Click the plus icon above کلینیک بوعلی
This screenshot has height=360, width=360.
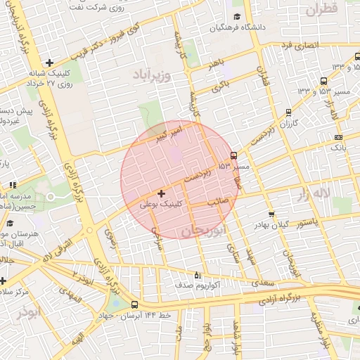(162, 193)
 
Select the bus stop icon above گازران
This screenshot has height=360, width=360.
(288, 112)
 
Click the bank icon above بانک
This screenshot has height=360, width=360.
(339, 137)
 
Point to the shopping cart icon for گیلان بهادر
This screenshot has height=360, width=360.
(271, 214)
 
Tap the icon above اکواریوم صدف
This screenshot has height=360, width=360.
(196, 275)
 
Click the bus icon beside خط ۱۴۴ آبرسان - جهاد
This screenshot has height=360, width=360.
(134, 304)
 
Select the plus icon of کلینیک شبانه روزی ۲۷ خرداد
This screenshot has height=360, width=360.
(49, 63)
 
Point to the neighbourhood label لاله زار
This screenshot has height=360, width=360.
(312, 192)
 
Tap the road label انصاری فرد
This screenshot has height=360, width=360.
(300, 45)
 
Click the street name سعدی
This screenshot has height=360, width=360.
(259, 281)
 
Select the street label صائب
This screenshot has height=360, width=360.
(217, 201)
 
